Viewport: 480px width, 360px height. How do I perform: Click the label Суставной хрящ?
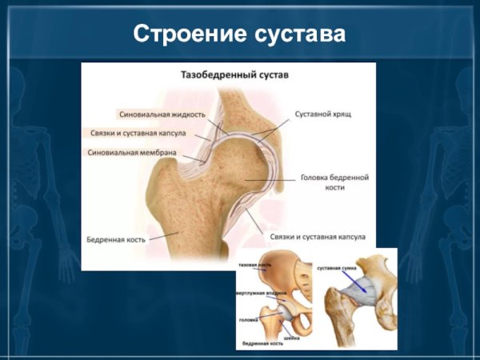click(x=322, y=114)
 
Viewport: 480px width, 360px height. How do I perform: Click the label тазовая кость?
click(x=254, y=263)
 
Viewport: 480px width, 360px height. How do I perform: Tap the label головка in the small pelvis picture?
click(x=248, y=320)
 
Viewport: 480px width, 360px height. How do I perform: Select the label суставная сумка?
click(x=337, y=266)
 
